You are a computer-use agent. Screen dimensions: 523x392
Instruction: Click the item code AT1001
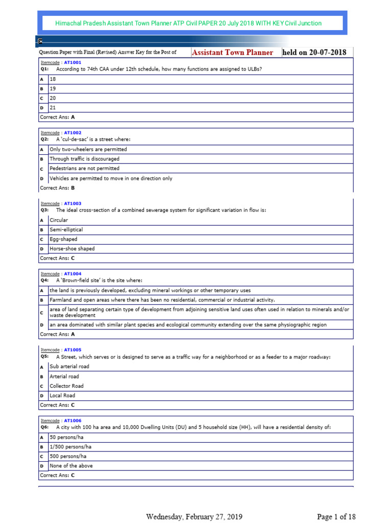coord(72,62)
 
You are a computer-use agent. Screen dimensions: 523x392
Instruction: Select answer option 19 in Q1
coord(53,88)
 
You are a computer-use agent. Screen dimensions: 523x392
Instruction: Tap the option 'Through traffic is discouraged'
coord(84,159)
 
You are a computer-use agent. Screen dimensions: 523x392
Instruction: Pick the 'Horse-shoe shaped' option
coord(72,249)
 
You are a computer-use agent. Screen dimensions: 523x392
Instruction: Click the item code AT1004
coord(72,274)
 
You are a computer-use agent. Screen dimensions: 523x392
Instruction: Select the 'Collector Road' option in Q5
coord(66,386)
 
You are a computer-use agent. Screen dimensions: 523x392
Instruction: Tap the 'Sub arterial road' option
coord(69,366)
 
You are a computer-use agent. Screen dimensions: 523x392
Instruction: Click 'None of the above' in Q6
coord(71,466)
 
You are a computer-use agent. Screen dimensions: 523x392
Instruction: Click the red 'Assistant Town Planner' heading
coord(232,52)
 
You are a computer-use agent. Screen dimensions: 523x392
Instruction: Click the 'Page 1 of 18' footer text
coord(336,516)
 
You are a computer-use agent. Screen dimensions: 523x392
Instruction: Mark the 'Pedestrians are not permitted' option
coord(84,168)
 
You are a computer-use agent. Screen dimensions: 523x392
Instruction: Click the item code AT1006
coord(72,420)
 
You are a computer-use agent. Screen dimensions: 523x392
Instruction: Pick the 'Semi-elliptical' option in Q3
coord(66,230)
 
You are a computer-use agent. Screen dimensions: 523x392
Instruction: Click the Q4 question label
coord(44,280)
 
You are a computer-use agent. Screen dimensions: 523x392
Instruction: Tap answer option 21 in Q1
coord(53,108)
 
